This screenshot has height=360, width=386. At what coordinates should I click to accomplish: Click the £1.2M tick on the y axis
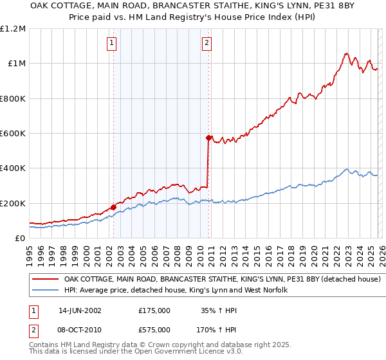(x=14, y=29)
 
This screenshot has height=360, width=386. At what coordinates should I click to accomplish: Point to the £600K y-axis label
(x=14, y=134)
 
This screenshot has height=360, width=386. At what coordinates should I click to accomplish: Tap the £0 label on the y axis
(x=21, y=239)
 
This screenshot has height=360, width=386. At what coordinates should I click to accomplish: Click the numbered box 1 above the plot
(x=112, y=43)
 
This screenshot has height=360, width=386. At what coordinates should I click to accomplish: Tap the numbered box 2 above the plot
(x=207, y=43)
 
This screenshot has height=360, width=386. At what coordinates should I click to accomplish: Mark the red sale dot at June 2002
(x=113, y=208)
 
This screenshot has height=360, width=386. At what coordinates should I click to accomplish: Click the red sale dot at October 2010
(x=208, y=138)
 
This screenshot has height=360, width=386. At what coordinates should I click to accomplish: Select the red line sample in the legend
(x=46, y=280)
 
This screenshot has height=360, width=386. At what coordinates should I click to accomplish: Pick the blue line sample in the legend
(x=46, y=291)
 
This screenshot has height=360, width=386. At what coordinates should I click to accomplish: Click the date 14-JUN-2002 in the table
(x=80, y=310)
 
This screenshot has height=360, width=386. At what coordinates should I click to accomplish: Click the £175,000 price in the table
(x=154, y=310)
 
